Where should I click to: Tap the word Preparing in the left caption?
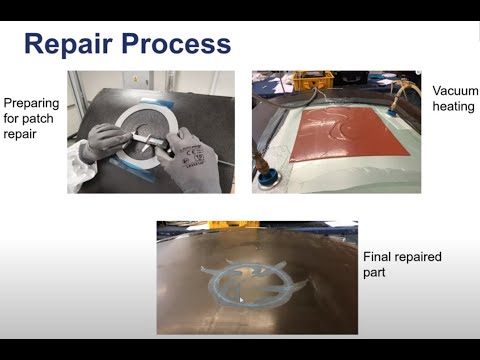point(32,102)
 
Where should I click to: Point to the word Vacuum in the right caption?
point(455,91)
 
